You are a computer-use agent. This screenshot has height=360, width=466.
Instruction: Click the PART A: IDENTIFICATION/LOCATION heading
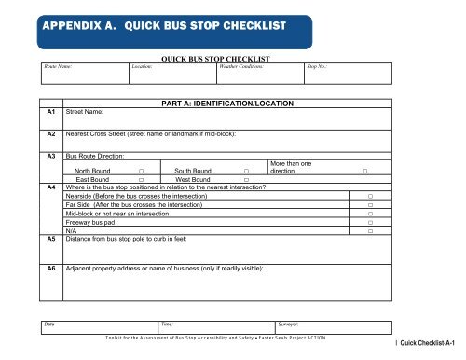[227, 102]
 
